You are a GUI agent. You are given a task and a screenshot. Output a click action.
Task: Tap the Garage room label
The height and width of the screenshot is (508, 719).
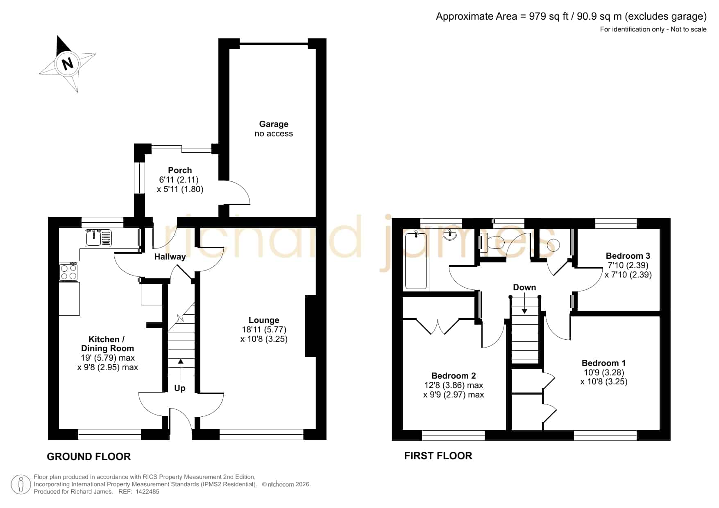(274, 124)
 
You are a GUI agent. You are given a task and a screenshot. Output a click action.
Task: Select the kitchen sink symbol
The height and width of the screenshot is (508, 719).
(98, 238)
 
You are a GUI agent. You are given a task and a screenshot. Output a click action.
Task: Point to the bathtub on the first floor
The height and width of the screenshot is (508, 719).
(416, 260)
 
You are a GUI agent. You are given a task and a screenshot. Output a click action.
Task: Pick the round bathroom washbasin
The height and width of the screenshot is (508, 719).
(450, 235)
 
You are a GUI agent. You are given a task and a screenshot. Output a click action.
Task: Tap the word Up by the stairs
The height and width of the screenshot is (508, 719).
(180, 388)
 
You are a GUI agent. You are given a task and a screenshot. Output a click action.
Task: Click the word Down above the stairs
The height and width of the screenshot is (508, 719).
(524, 287)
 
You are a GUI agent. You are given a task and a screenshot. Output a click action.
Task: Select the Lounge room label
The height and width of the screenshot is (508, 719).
(264, 320)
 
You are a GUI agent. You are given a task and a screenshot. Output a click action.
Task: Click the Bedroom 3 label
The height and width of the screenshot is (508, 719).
(628, 256)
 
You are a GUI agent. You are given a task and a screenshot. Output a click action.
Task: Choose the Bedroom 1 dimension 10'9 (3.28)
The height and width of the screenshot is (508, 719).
(604, 373)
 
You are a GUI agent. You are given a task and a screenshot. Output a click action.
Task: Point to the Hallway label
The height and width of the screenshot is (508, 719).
(170, 257)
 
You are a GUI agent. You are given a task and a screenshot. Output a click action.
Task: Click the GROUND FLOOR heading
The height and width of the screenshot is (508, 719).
(89, 457)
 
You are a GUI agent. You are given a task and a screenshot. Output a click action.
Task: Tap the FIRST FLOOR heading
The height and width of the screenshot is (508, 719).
(438, 456)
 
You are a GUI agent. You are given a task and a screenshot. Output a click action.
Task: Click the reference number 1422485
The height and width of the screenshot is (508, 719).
(147, 492)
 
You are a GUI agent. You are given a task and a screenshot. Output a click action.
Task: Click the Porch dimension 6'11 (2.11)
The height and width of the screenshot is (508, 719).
(179, 180)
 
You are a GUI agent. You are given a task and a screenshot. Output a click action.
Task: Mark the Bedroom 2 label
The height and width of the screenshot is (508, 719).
(454, 376)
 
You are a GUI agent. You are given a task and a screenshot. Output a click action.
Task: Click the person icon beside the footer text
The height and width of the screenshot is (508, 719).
(20, 485)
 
